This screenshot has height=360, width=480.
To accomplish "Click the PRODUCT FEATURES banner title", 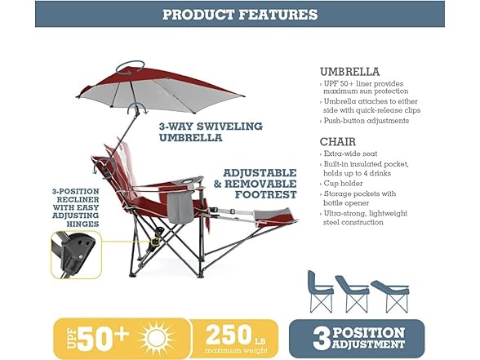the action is [240, 15].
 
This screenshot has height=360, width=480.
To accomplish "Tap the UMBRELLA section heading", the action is [349, 72].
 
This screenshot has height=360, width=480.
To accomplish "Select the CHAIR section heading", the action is [338, 142].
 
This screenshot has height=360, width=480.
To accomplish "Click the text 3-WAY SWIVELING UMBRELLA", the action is [211, 132].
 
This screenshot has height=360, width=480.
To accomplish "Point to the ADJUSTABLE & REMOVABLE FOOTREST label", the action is [256, 184].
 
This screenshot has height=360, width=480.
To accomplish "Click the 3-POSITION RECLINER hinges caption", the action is [76, 207].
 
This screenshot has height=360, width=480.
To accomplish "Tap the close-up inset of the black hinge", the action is [76, 255].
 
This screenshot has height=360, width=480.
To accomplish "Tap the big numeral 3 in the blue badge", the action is [321, 339].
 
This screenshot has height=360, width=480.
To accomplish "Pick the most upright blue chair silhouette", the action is [320, 291].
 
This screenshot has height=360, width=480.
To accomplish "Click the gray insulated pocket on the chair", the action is [180, 208].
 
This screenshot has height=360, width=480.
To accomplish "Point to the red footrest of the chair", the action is [275, 216].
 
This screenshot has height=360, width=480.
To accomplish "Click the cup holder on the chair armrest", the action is [187, 181].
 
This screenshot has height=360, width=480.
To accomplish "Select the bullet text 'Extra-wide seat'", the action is [350, 153].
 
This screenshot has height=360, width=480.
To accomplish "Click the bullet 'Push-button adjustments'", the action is [366, 121].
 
